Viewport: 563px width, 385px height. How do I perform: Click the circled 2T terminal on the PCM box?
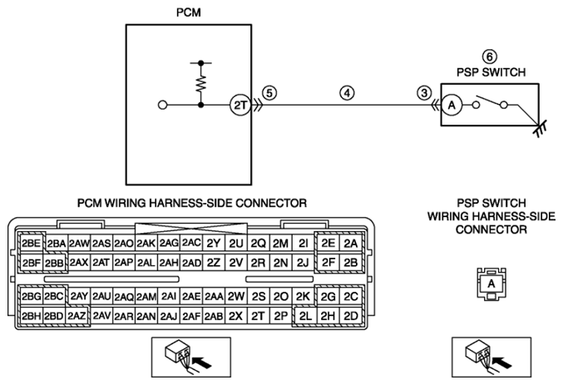pos(240,105)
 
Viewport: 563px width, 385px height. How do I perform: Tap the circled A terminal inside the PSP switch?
pos(452,106)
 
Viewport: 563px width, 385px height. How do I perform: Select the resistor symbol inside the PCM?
pos(201,84)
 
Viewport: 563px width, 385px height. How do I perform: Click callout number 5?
pos(269,93)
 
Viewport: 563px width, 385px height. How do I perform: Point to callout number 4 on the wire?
pos(347,93)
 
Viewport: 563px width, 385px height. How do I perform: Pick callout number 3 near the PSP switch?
pos(424,93)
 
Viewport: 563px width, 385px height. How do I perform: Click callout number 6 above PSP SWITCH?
pos(489,57)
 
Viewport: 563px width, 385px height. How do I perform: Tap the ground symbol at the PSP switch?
pos(540,129)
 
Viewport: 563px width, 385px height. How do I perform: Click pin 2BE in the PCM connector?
pos(31,243)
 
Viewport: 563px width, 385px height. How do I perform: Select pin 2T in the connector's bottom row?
pos(258,316)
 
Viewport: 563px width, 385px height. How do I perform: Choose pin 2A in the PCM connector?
pos(350,243)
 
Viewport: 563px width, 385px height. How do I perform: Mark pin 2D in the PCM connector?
pos(350,316)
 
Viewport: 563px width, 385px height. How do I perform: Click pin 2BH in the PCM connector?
pos(31,316)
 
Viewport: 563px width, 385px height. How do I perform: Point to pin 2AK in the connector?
pos(146,243)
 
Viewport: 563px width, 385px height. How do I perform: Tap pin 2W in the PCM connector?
pos(236,296)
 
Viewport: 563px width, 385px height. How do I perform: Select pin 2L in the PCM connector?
pos(305,316)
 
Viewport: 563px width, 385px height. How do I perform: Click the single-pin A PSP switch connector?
pos(491,284)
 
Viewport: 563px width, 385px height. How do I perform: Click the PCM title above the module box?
pos(189,12)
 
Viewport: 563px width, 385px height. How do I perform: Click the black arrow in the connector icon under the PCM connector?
pos(202,362)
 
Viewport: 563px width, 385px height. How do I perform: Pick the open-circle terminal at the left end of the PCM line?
pos(163,106)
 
